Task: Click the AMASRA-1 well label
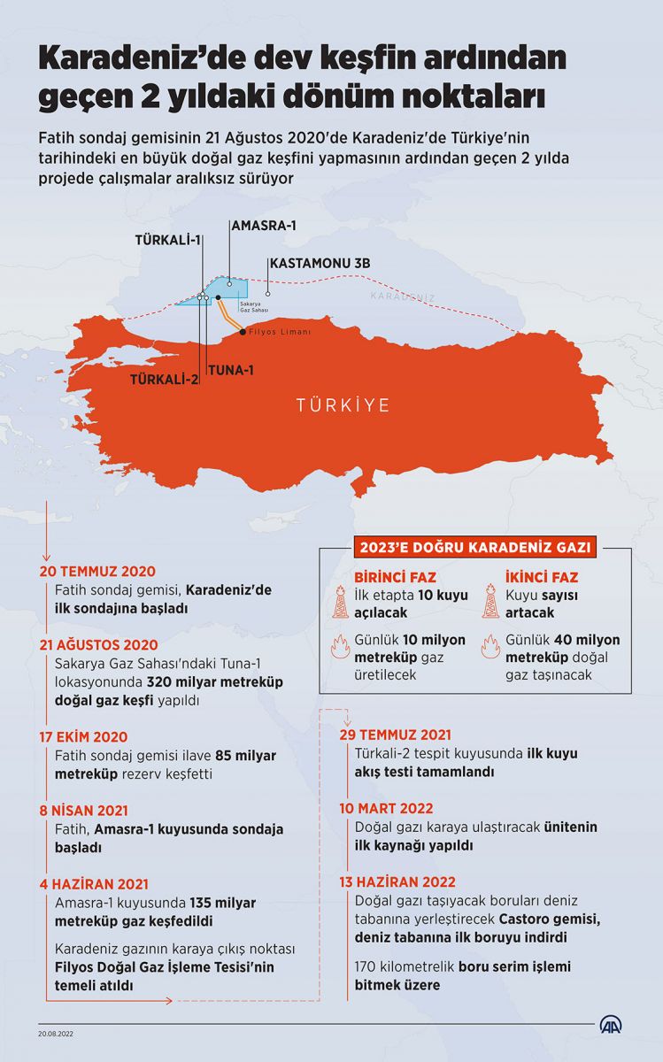263,226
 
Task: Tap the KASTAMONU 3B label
320,263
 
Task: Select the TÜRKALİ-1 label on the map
168,240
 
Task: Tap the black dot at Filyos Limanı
243,332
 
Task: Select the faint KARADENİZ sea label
404,296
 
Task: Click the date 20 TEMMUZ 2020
97,572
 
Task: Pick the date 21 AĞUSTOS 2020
99,645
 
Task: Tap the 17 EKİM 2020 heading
84,736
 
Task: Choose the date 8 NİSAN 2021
84,810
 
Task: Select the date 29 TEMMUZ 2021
397,735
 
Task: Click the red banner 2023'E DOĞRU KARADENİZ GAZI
475,546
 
